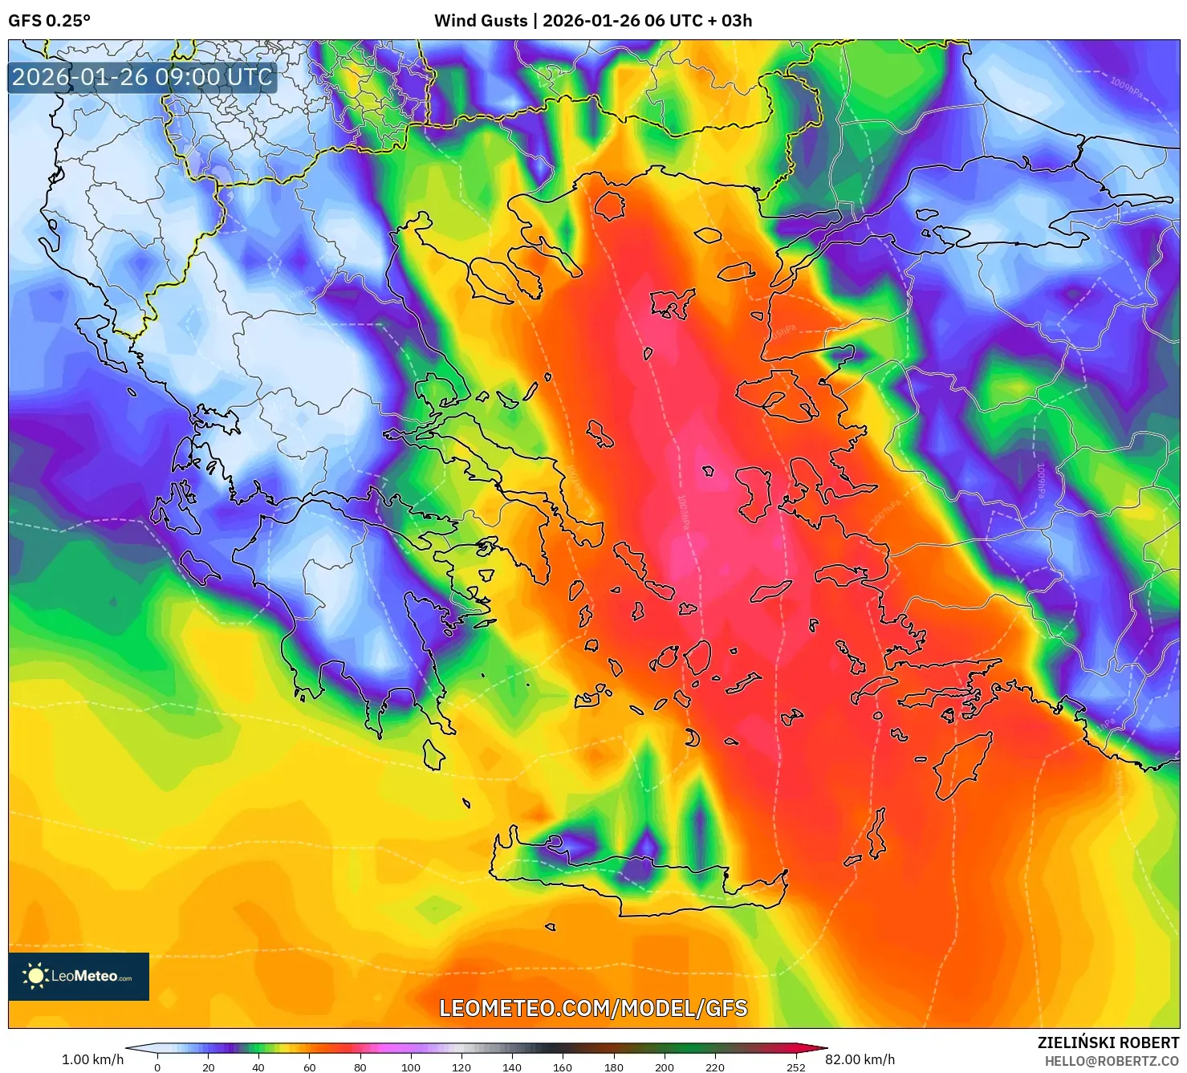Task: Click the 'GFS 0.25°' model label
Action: point(49,21)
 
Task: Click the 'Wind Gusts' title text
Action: point(481,21)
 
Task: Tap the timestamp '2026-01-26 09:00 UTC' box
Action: point(142,77)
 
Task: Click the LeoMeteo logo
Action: point(79,976)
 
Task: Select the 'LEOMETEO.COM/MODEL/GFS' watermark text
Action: point(593,1008)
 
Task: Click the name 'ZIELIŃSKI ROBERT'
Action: point(1108,1043)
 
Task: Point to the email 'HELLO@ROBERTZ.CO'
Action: point(1112,1061)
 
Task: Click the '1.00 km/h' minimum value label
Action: point(92,1059)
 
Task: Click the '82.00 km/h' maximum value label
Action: point(860,1059)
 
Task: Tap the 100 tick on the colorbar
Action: point(411,1067)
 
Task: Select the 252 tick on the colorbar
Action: point(795,1067)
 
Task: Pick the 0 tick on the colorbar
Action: point(157,1067)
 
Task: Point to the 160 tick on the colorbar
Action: point(563,1067)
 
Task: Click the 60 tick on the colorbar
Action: point(310,1067)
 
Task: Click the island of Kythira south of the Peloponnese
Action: point(433,754)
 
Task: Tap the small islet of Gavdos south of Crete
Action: point(550,927)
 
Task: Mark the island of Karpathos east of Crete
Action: point(878,835)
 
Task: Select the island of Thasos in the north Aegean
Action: point(609,205)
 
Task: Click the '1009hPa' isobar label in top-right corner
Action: point(1126,86)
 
